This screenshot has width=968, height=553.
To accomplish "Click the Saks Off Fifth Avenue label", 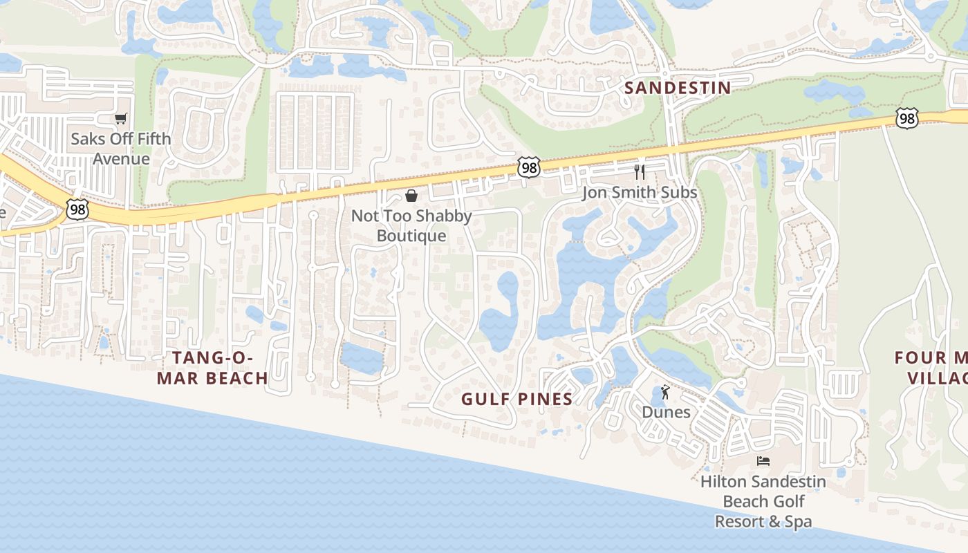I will (121, 149).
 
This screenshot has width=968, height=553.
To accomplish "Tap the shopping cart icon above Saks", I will (121, 119).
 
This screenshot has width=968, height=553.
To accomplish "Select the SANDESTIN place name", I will (678, 88).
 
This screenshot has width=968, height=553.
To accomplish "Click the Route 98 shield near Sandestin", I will (906, 118).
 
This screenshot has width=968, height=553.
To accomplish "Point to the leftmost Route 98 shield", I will (77, 209).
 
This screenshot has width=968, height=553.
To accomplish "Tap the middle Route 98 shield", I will (528, 167).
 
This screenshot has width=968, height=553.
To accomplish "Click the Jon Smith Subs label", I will (640, 192).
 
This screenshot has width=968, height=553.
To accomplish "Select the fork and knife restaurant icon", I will (640, 171).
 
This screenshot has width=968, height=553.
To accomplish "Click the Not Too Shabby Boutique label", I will (411, 225).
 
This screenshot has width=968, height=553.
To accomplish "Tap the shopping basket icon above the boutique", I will (411, 196).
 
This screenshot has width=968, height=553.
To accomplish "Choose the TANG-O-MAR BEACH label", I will (212, 368).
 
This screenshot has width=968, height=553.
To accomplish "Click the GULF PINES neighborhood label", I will (517, 399).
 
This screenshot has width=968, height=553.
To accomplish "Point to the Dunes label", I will (666, 412).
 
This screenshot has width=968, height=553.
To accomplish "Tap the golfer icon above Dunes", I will (665, 392).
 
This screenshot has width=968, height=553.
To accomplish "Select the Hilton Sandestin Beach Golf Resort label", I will (763, 501).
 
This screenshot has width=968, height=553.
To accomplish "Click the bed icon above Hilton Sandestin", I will (763, 461).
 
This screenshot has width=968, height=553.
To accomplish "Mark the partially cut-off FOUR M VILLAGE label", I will (931, 368).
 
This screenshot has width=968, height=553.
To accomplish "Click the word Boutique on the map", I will (411, 236).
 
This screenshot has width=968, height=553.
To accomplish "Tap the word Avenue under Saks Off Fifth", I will (121, 159).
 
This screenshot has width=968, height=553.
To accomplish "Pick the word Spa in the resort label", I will (798, 521).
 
